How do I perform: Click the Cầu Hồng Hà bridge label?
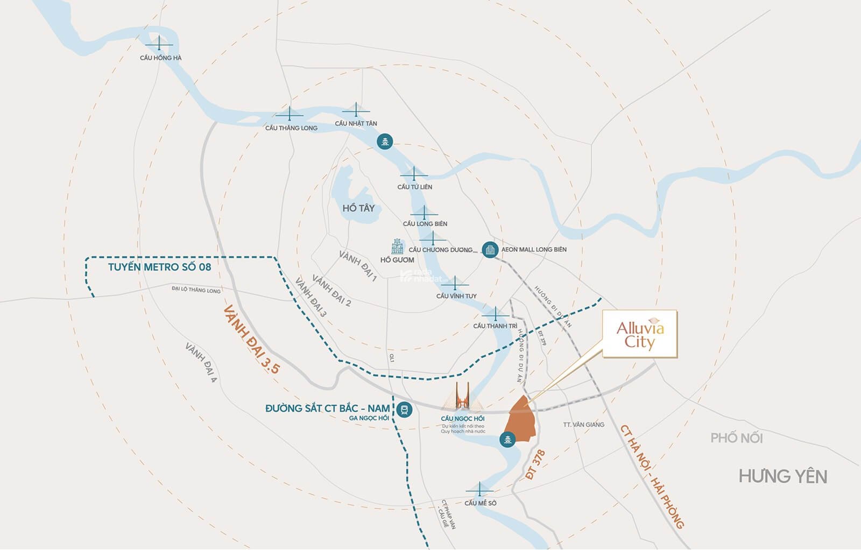[160, 58]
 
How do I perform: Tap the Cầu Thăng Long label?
[291, 128]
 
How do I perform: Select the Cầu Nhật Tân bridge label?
[356, 123]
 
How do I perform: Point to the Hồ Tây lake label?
[358, 208]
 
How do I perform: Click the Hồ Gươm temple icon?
[398, 247]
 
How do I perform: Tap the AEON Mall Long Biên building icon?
[490, 249]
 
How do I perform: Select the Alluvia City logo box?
[639, 334]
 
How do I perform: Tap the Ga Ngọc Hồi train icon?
[404, 411]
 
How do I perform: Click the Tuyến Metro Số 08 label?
[159, 267]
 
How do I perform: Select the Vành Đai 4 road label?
[201, 363]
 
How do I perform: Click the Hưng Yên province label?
[782, 476]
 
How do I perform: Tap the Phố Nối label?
[736, 438]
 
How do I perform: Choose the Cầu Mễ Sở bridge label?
[481, 503]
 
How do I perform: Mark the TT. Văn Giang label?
[583, 425]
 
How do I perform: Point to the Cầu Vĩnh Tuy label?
[456, 296]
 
